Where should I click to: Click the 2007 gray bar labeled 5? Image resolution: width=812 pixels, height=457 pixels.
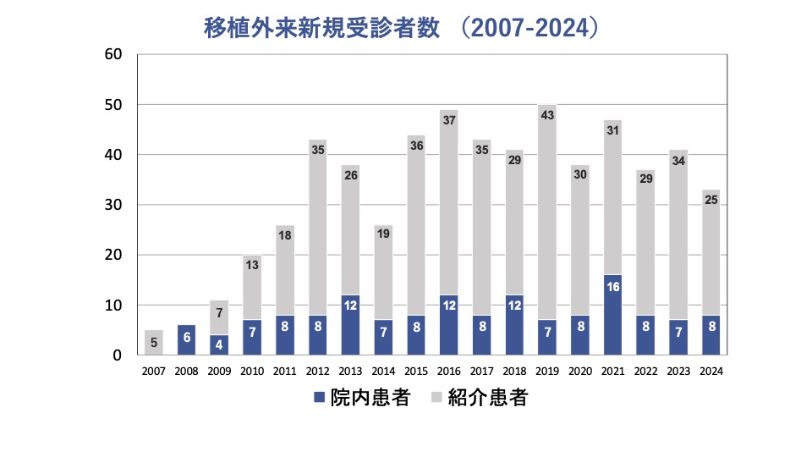(153, 343)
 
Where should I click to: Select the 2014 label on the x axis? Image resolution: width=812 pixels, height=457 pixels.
(382, 371)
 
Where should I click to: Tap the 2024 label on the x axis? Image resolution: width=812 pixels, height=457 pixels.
(711, 371)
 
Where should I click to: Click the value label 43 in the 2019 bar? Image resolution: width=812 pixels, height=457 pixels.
(546, 115)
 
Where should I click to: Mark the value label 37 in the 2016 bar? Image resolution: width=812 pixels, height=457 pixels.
(448, 120)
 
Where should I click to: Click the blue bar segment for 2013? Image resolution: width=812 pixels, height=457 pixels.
(350, 326)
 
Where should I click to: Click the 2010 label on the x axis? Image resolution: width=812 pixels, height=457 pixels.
(251, 371)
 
